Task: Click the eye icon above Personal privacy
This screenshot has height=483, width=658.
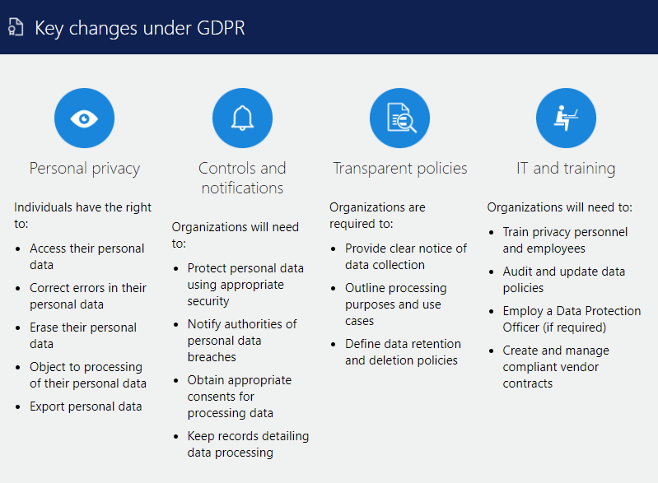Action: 84,118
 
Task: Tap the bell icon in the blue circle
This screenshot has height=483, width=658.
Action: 243,118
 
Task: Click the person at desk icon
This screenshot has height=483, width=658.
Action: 566,118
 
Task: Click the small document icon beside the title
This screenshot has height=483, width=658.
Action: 16,27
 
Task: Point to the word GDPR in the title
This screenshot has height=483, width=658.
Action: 221,28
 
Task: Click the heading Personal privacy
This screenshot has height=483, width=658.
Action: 84,169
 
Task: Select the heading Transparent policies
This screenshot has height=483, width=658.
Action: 400,169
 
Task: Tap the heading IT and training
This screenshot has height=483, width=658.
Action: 566,169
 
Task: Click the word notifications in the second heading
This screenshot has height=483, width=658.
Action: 243,188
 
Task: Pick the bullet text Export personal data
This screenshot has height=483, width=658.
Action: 86,406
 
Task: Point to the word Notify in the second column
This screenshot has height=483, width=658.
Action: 204,324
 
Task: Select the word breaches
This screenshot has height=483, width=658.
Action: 212,357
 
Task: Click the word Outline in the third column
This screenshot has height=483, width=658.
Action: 364,288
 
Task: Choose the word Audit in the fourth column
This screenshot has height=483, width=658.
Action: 518,272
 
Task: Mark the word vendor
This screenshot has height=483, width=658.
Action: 580,367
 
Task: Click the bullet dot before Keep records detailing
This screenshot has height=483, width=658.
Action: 176,437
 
